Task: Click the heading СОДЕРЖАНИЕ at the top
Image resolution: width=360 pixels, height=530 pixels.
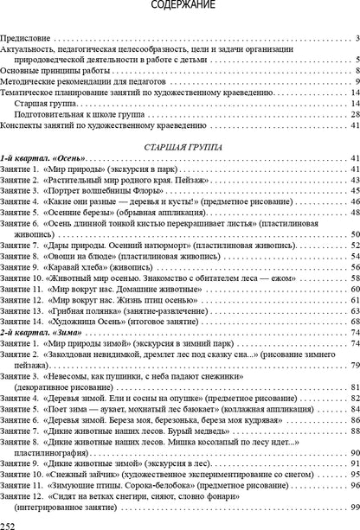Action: (180, 6)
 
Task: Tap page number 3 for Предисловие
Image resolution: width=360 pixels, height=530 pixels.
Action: (357, 39)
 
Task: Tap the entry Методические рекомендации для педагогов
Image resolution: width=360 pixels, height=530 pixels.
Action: (72, 81)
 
